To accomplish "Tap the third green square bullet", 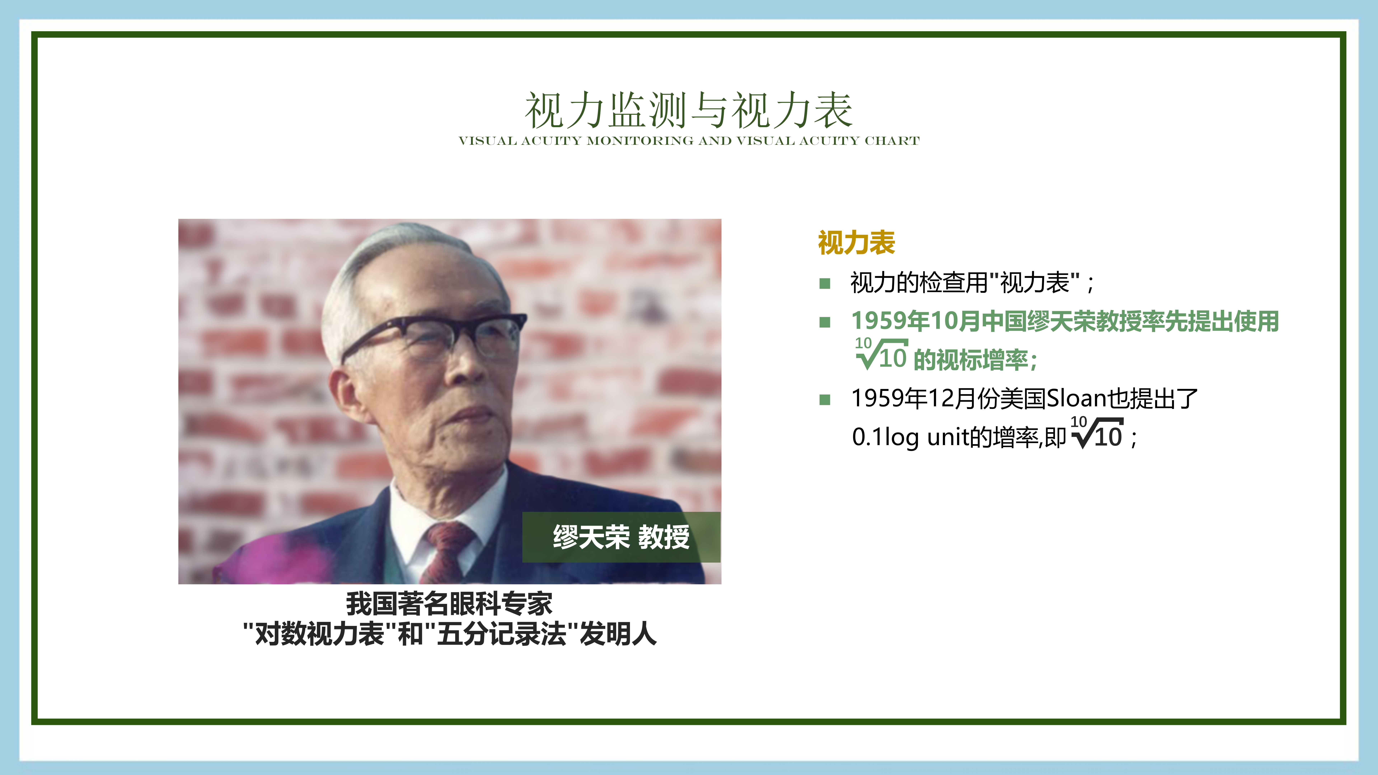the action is click(x=825, y=400).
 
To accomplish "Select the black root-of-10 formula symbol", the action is click(x=1097, y=432).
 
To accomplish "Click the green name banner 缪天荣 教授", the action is click(x=621, y=537).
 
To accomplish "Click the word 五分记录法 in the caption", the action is click(x=501, y=634).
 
